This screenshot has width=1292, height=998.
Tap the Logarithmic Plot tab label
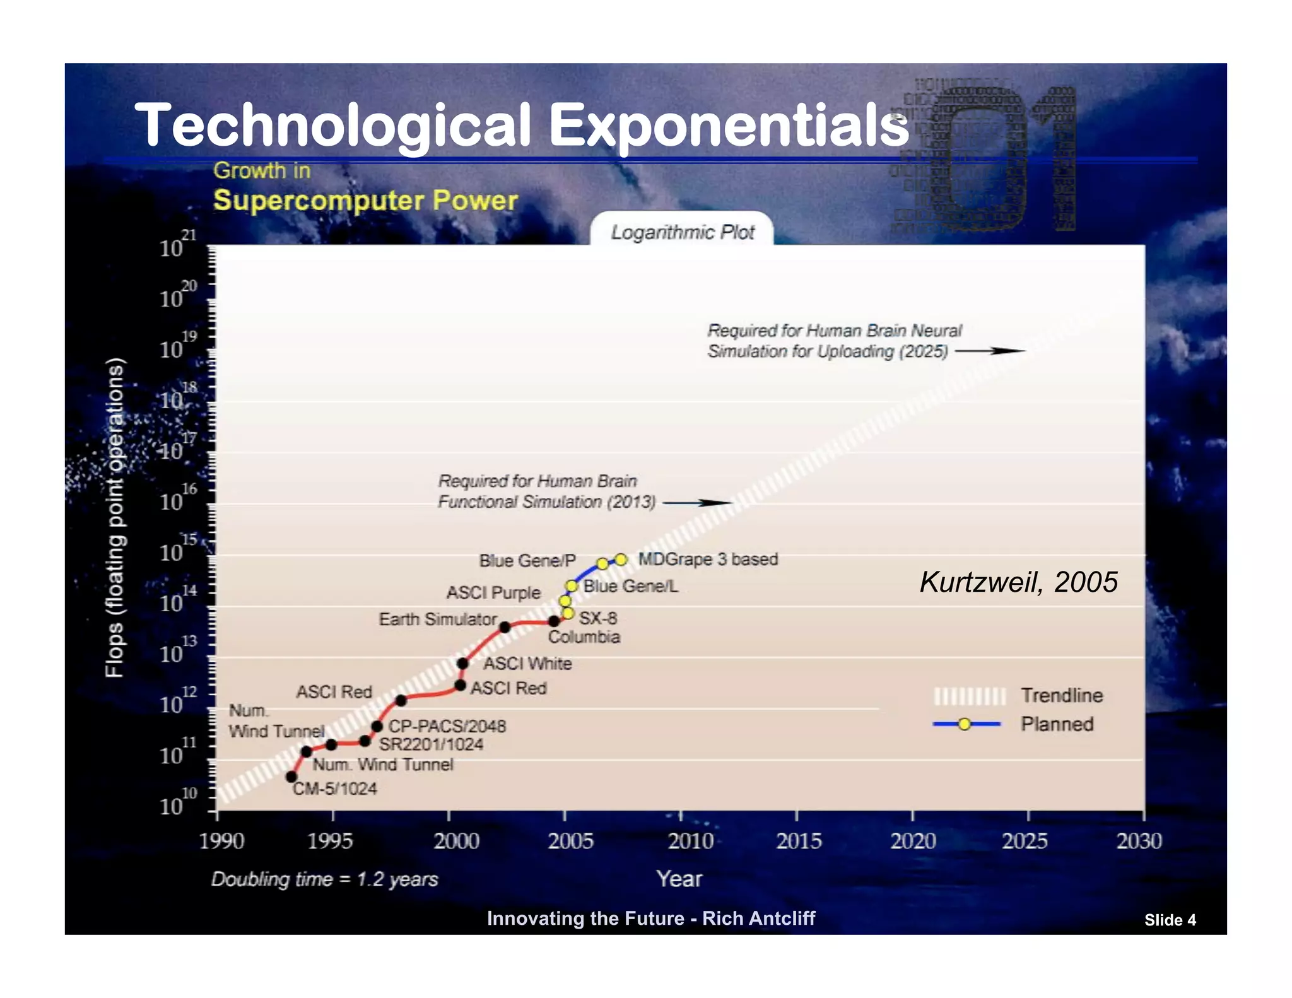tap(682, 232)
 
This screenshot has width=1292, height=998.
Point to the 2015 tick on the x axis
tap(797, 816)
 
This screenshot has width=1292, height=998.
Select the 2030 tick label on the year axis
tap(1139, 841)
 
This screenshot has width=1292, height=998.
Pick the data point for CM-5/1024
tap(291, 777)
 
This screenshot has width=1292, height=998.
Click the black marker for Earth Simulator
tap(505, 627)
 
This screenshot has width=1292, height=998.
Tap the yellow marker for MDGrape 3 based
tap(621, 560)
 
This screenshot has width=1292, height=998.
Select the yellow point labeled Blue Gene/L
tap(572, 586)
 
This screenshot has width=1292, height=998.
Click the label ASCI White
tap(527, 664)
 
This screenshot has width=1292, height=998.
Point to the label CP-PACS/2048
tap(447, 726)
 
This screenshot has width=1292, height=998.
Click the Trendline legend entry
tap(1061, 695)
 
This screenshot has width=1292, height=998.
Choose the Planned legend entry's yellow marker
tap(964, 724)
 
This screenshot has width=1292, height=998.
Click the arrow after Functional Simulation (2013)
tap(697, 503)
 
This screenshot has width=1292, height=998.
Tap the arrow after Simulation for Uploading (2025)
tap(990, 351)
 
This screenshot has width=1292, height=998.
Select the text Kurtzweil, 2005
tap(1018, 582)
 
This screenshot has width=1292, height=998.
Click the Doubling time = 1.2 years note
tap(324, 879)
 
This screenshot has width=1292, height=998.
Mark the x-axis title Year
tap(679, 879)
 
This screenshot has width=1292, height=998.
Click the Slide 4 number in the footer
tap(1170, 920)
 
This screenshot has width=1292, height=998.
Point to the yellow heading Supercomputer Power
tap(365, 201)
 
